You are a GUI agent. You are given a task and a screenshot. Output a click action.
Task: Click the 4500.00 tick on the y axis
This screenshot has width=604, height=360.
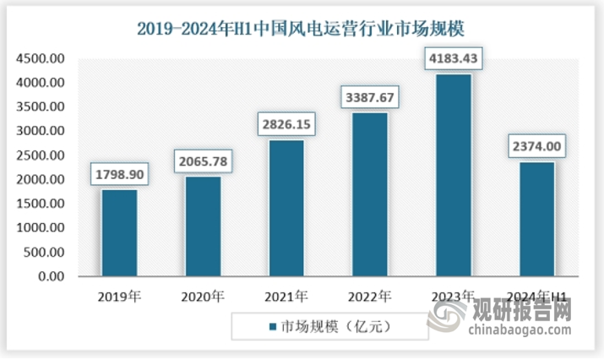coord(41,59)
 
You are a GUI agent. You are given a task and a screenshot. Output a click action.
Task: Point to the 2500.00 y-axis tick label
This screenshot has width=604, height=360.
coord(41,155)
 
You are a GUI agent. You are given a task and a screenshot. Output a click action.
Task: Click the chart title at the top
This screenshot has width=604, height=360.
coord(302,28)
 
